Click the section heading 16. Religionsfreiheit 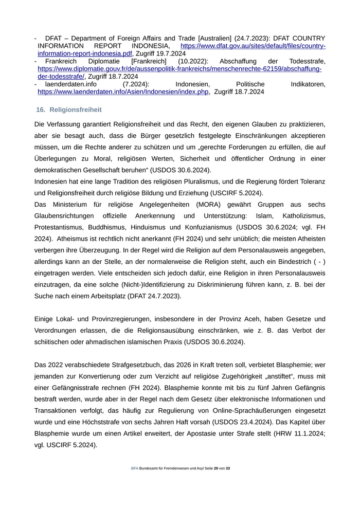pyautogui.click(x=69, y=110)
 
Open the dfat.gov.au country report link pyautogui.click(x=253, y=46)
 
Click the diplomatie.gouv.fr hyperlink pyautogui.click(x=179, y=69)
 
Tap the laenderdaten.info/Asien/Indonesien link pyautogui.click(x=123, y=92)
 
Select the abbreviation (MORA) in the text pyautogui.click(x=209, y=204)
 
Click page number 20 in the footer pyautogui.click(x=216, y=468)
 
